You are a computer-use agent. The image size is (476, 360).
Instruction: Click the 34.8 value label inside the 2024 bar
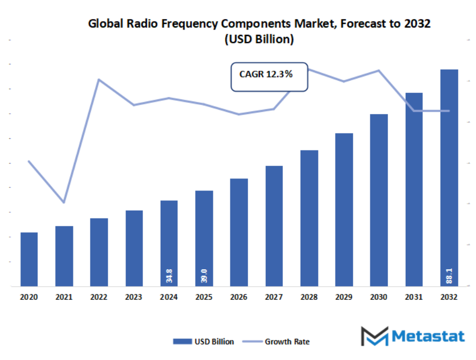(x=169, y=276)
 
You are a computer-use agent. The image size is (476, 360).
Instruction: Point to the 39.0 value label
(x=204, y=276)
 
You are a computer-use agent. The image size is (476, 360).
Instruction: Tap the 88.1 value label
(x=449, y=276)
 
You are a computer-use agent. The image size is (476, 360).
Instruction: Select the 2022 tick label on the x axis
(x=99, y=298)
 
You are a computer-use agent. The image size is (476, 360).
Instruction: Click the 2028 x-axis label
(x=309, y=298)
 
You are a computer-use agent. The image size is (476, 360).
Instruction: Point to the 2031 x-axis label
(x=414, y=298)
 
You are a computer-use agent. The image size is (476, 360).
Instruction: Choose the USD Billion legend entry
(x=203, y=342)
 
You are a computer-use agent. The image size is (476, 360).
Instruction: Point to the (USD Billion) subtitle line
(x=259, y=39)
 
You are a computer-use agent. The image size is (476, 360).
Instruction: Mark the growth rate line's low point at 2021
(x=64, y=202)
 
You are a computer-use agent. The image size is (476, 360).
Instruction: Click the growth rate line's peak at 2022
(x=99, y=80)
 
